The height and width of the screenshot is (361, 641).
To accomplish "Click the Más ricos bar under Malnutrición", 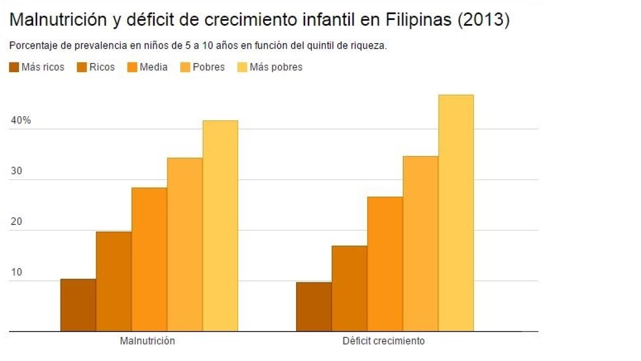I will tap(78, 305).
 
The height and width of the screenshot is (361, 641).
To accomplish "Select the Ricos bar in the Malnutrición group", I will tap(114, 281).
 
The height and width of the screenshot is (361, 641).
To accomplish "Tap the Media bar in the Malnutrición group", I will tap(149, 259).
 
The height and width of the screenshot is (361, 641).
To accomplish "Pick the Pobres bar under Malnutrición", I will tap(185, 244).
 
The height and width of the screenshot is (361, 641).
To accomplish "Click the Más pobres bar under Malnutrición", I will tap(220, 226).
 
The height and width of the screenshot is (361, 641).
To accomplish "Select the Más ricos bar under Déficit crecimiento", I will tap(314, 306).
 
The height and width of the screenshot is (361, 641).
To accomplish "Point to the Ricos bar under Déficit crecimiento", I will tap(349, 288).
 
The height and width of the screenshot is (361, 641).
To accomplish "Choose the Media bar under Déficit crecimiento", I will tap(385, 264).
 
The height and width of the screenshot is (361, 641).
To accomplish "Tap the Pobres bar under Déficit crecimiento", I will tap(420, 244).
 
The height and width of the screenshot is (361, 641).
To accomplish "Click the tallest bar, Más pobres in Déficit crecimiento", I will tap(456, 213).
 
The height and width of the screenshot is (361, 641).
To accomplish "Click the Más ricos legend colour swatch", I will tap(14, 67).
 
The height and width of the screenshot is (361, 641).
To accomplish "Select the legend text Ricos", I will tap(102, 67).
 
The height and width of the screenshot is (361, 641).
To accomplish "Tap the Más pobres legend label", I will tap(276, 67).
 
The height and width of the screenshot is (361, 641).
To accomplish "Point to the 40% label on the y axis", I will tap(21, 120).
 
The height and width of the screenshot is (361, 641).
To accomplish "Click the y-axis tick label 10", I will tap(17, 272).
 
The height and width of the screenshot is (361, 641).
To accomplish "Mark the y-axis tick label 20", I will tap(17, 221).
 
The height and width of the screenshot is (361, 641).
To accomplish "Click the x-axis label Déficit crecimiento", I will tap(383, 341).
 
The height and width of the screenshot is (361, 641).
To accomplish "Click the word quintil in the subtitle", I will tap(320, 46).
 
